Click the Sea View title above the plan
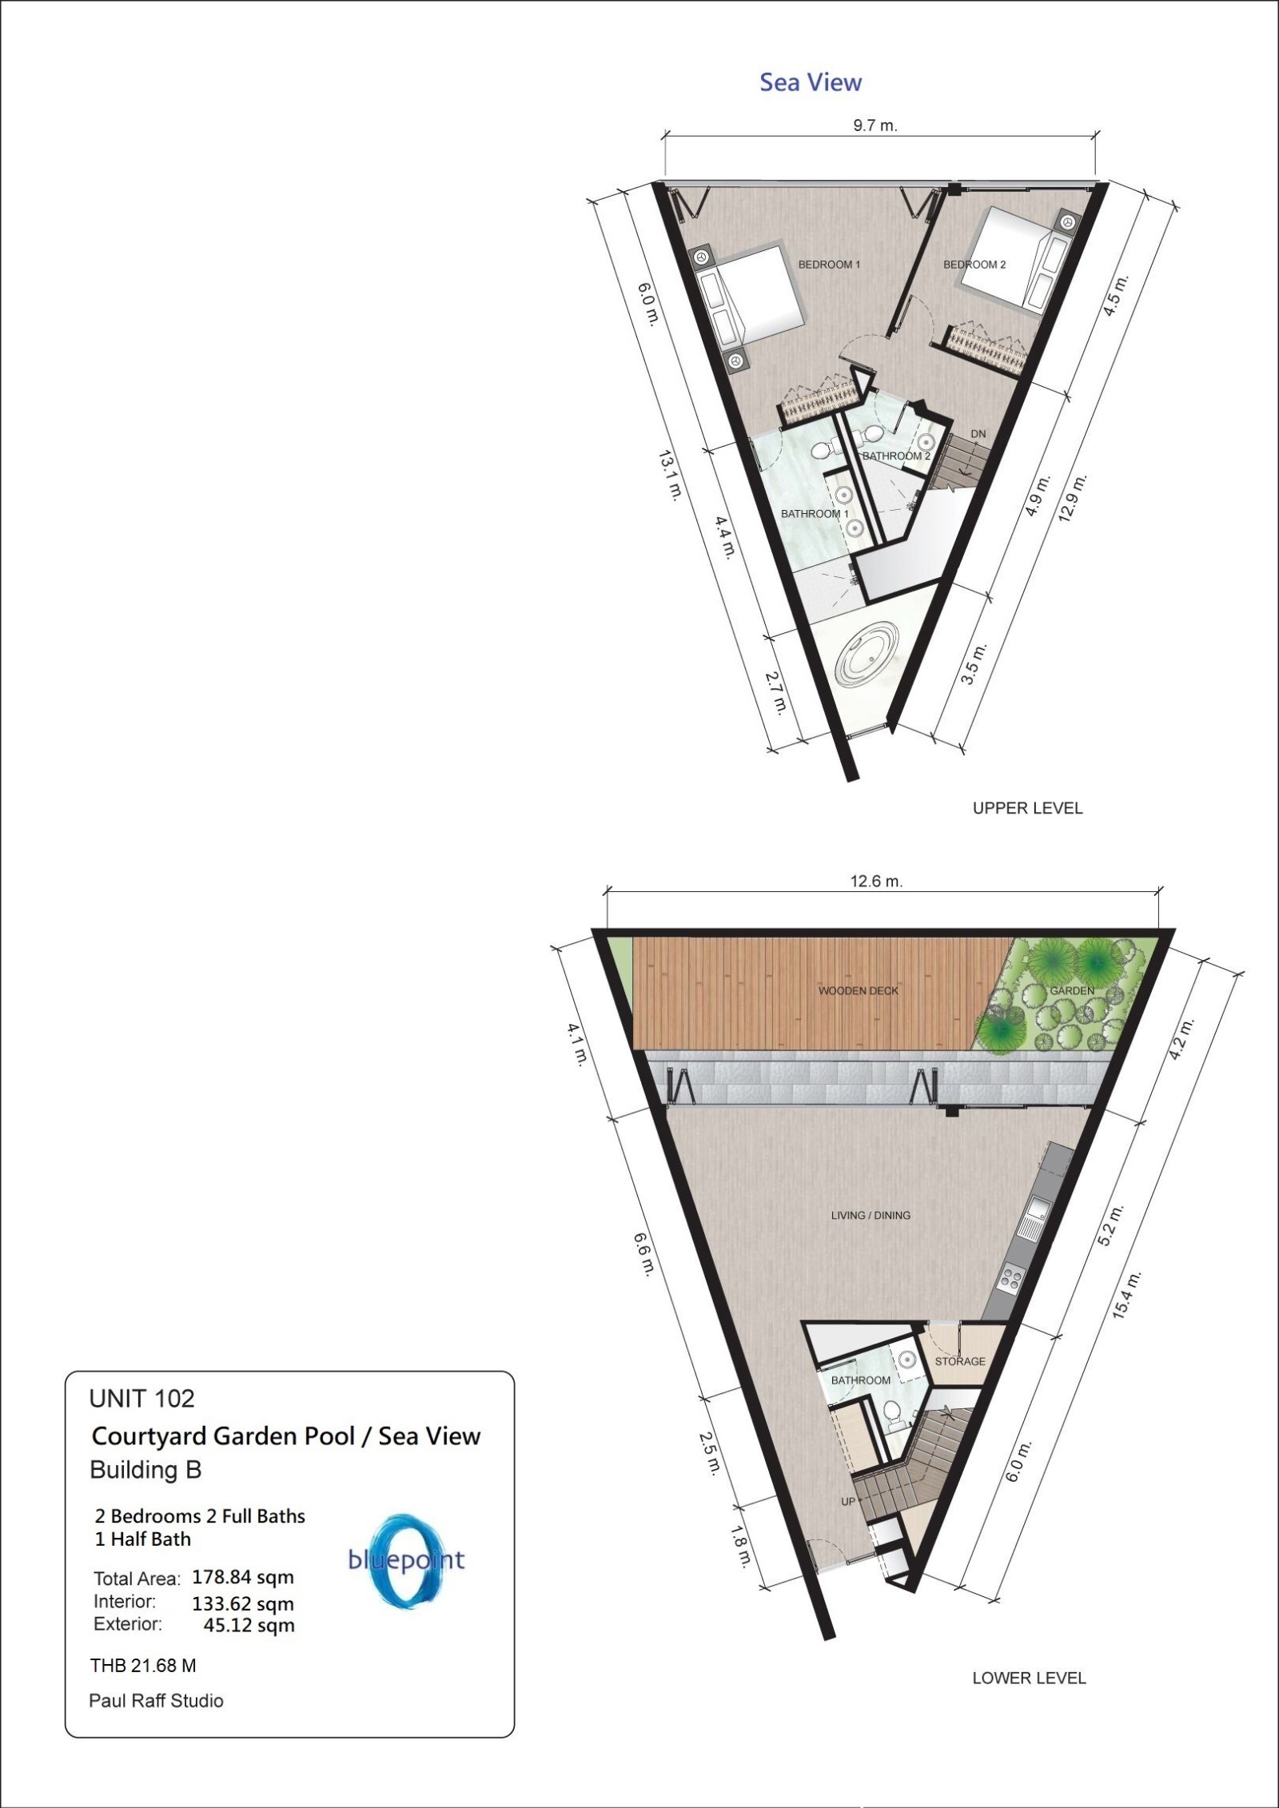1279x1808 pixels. (811, 82)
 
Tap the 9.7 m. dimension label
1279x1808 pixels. (876, 125)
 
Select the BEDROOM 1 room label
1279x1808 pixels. (829, 264)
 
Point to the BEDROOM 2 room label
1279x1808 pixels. (974, 265)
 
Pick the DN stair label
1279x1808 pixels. (978, 434)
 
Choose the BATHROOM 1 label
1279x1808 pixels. (815, 513)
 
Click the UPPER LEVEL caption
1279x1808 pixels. (1027, 808)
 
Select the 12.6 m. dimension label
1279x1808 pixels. (876, 882)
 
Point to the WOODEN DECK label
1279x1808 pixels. (859, 991)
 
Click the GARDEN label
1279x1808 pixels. (1072, 990)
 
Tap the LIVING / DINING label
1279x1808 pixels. (871, 1237)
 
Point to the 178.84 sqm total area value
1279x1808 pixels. (243, 1578)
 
